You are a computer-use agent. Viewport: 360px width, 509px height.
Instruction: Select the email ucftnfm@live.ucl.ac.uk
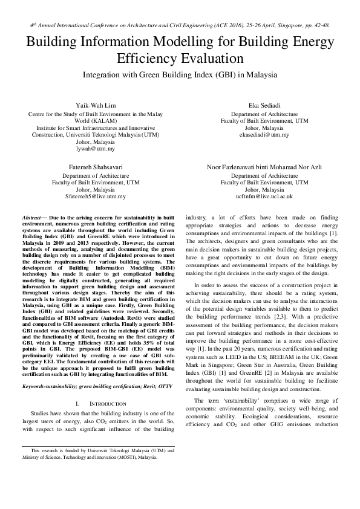click(264, 196)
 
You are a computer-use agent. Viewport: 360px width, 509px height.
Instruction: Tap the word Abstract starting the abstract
click(31, 216)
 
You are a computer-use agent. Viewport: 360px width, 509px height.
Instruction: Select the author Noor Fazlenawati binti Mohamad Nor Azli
click(264, 165)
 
